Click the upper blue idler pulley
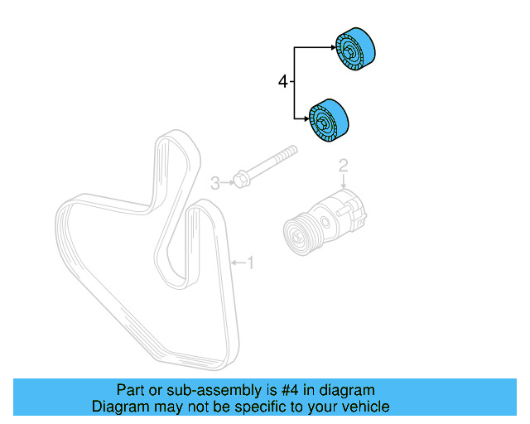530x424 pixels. tap(356, 52)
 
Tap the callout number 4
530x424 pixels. tap(283, 81)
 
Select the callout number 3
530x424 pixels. tap(214, 183)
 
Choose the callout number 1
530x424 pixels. tap(250, 263)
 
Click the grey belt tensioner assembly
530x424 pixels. tap(328, 219)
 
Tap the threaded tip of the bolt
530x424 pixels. tap(291, 152)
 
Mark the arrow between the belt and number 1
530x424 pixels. tap(236, 263)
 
